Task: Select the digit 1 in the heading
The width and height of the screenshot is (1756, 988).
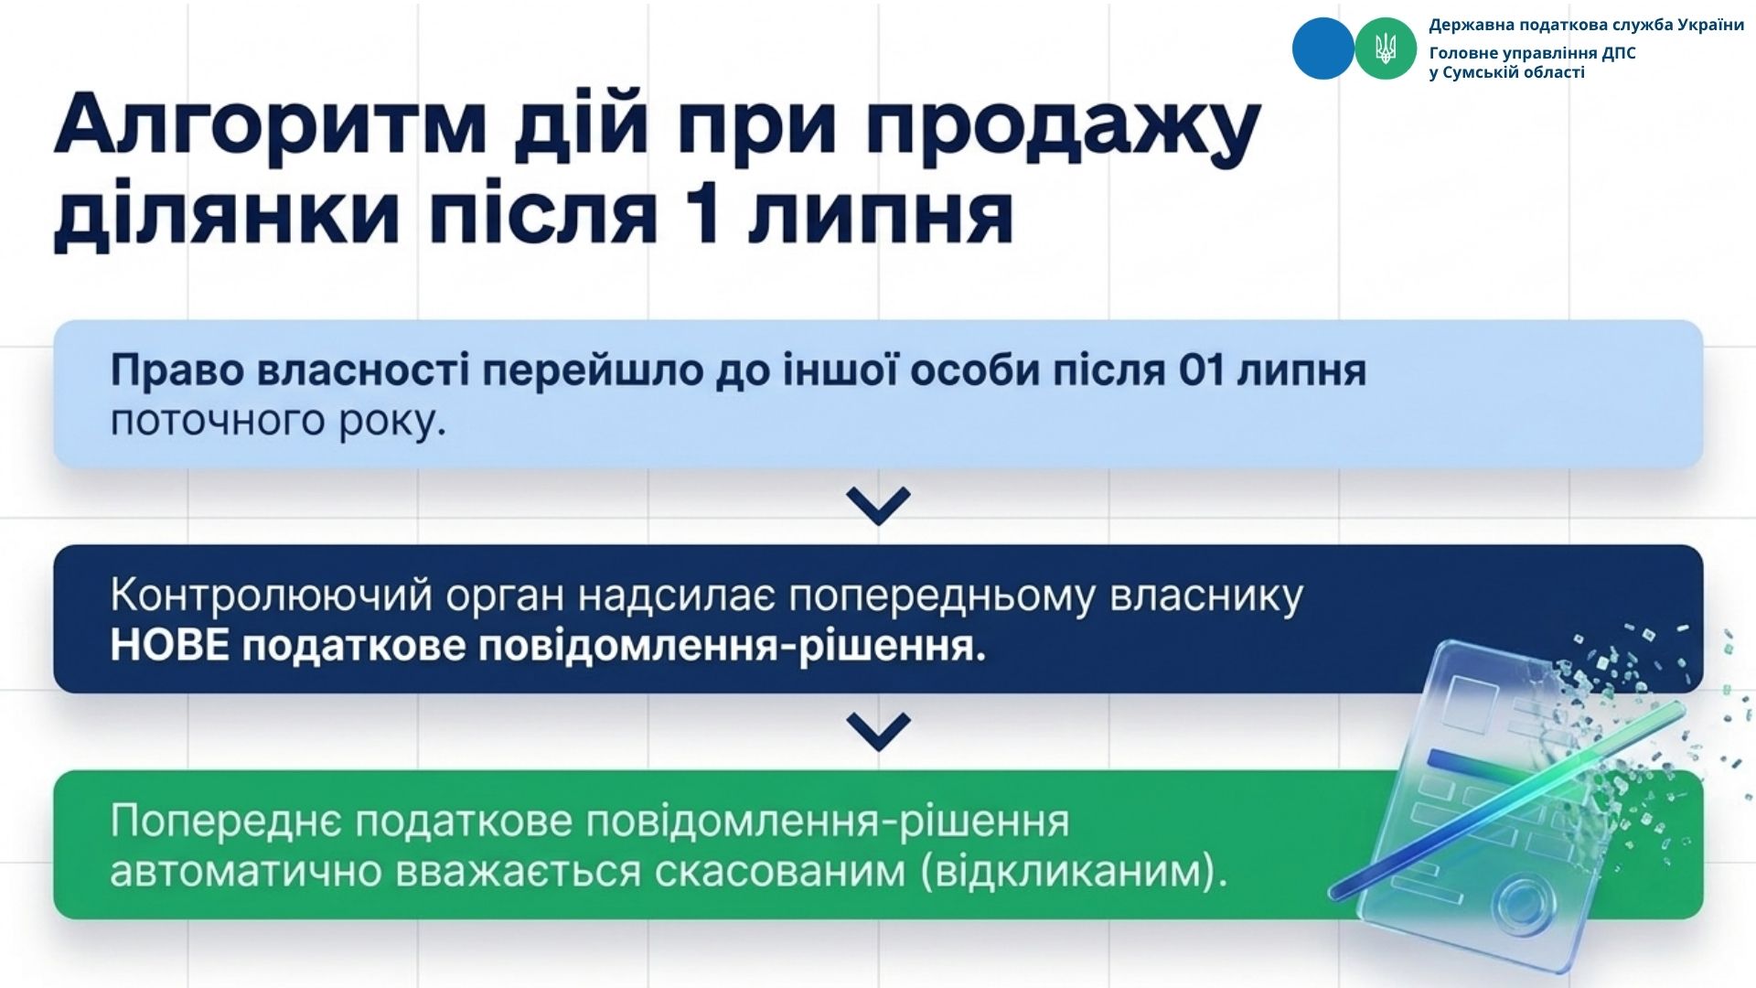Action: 704,215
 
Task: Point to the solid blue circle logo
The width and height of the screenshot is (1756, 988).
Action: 1322,48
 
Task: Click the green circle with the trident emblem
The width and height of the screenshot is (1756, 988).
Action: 1386,48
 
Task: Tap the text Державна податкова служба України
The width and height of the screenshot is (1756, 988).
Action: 1586,26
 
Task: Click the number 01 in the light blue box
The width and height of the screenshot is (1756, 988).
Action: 1203,371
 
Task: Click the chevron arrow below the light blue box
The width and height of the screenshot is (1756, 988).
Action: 878,505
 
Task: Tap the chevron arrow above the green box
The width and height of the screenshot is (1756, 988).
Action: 878,732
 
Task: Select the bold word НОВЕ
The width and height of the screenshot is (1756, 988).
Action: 170,646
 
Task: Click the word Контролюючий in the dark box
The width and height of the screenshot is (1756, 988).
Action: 272,596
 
